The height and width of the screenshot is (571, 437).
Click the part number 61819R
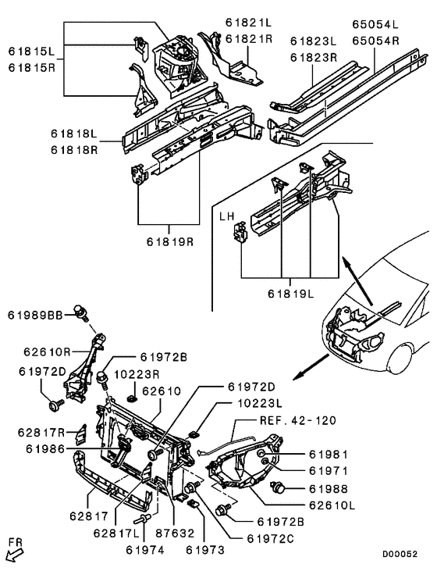(167, 242)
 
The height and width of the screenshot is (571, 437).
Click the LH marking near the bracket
(226, 216)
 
